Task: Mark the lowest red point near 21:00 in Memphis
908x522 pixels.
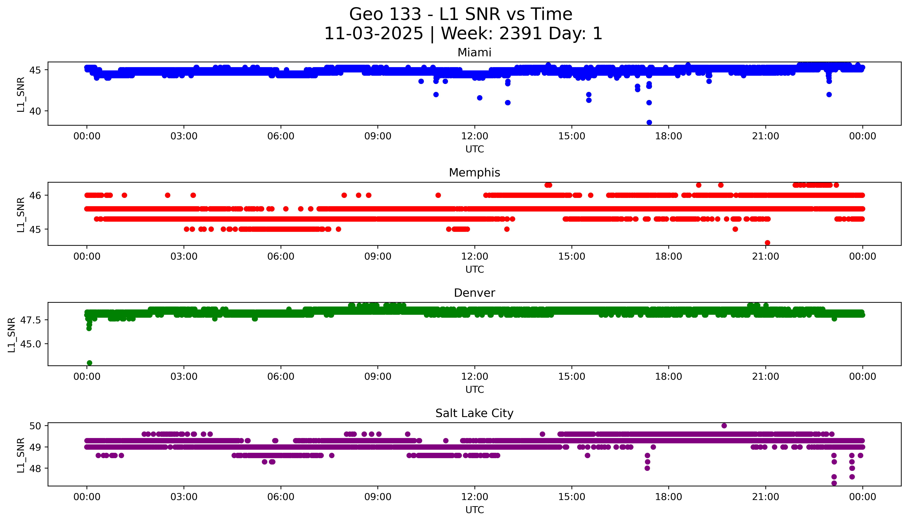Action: [x=767, y=243]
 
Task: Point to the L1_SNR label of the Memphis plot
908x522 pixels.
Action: [x=21, y=214]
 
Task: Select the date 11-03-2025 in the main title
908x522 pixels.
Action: [x=374, y=34]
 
